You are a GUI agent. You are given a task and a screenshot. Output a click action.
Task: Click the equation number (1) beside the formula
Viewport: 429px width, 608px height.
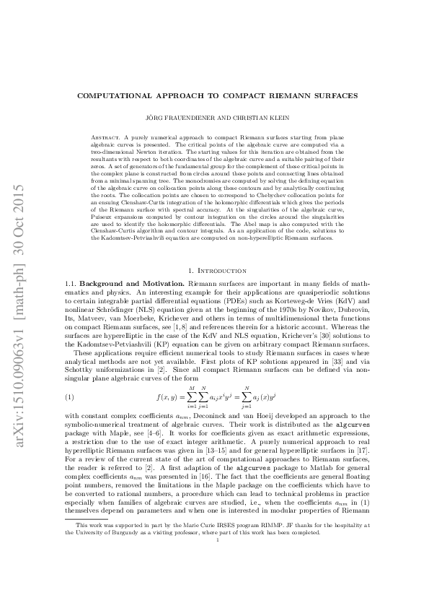pos(70,398)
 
